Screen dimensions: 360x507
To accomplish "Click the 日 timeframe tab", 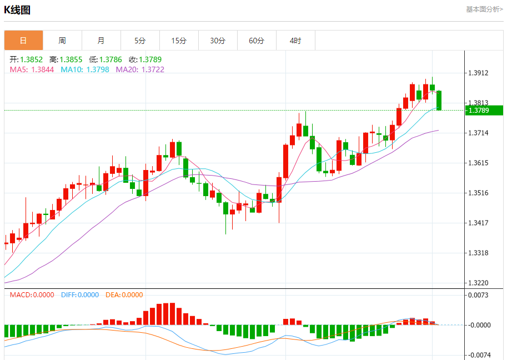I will point(23,41).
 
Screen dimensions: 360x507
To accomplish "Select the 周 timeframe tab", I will point(62,41).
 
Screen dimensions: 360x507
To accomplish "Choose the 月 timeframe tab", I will point(101,41).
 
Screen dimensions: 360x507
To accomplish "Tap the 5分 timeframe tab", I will point(140,41).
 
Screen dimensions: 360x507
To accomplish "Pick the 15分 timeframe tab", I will point(179,41).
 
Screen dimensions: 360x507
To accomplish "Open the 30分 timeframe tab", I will point(218,41).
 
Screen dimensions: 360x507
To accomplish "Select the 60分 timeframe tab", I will point(257,41).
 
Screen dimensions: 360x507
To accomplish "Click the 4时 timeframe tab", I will point(295,41).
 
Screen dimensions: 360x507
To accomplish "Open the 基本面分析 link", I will point(484,9).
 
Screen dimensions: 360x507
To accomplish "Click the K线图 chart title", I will point(17,9).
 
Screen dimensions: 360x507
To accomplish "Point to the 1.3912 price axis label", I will point(479,73).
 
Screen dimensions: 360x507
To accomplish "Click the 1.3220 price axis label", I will point(479,283).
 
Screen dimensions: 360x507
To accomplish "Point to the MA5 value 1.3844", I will point(43,69).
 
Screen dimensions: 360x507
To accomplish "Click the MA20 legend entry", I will point(140,69).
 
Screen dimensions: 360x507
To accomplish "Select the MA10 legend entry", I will point(85,69).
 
